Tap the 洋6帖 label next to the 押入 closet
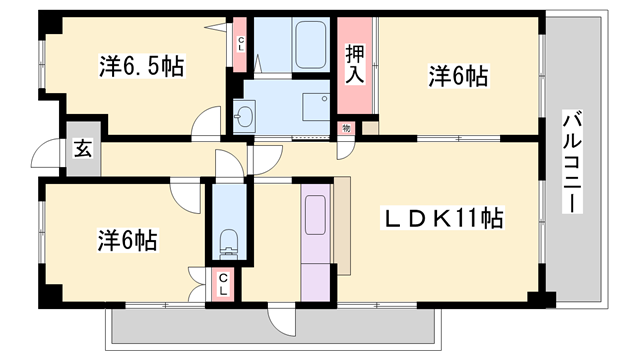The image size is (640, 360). point(459,75)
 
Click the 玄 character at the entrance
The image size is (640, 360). point(83,151)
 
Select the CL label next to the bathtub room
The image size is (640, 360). point(241,44)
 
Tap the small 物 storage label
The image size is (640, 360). point(346,127)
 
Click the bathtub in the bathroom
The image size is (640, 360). point(297,44)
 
